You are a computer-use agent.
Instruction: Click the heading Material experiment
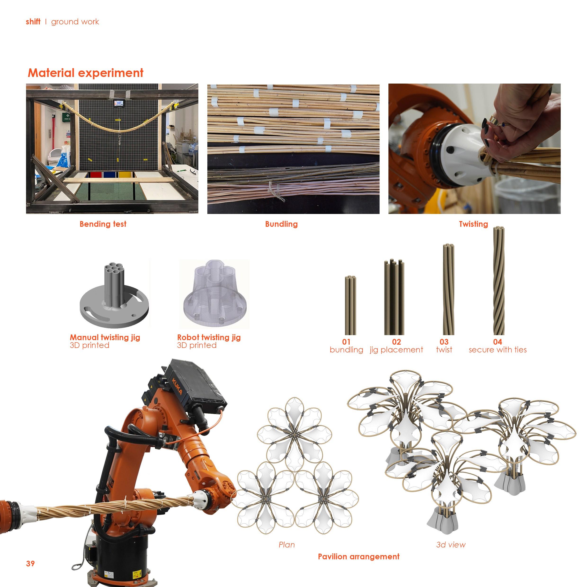85,73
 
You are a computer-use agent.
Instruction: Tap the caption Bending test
103,224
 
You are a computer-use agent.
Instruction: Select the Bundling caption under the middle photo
281,224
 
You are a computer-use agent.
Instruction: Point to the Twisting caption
473,224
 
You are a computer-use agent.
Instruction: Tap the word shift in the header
33,22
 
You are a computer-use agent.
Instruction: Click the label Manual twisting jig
105,337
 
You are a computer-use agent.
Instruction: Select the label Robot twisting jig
209,337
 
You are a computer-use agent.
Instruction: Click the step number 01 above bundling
346,342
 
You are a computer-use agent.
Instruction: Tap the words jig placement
396,350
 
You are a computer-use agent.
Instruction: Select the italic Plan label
286,545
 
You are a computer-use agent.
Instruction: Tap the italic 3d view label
451,545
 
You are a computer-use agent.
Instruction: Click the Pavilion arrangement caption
359,557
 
